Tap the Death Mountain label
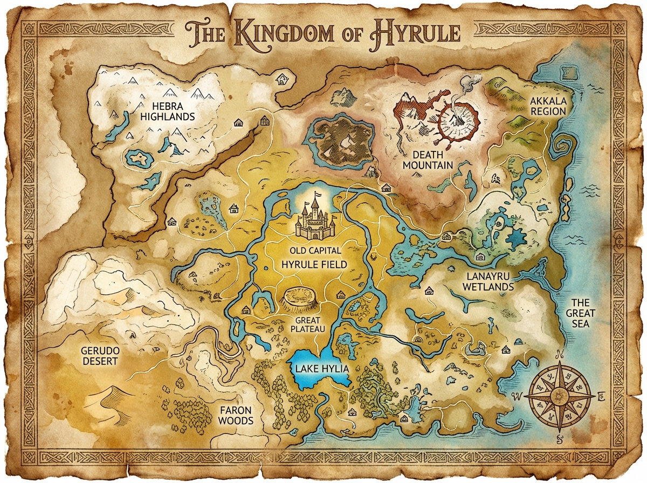(428, 158)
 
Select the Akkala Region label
(548, 106)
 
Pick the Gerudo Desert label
(100, 355)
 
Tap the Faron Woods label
(236, 415)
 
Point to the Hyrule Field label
(314, 265)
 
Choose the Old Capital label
(315, 250)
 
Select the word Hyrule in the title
(415, 33)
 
